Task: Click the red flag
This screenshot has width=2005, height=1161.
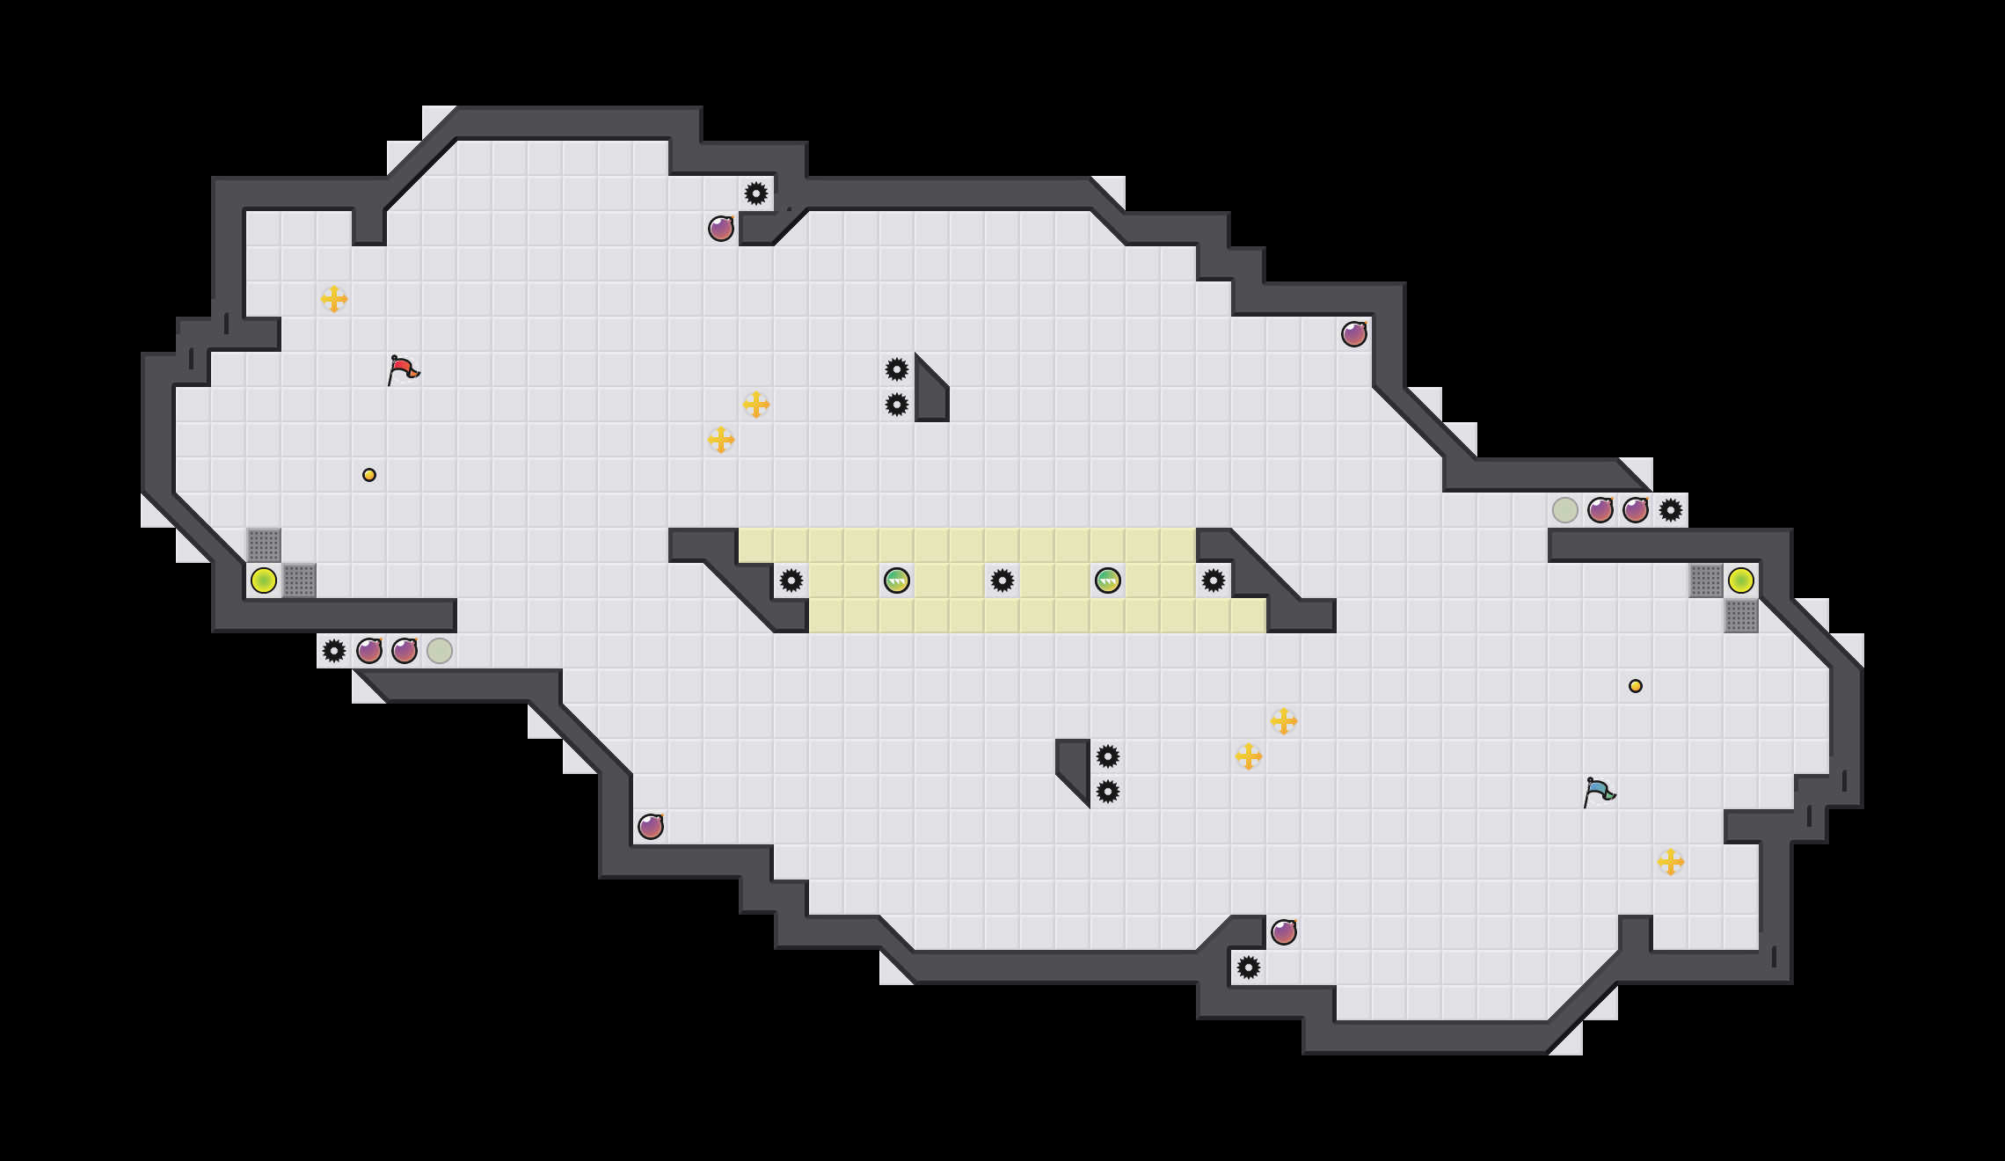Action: coord(403,369)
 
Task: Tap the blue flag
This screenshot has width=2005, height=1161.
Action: coord(1599,792)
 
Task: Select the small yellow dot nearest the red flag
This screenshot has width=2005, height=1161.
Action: coord(369,475)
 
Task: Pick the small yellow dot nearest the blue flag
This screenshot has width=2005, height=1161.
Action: coord(1636,686)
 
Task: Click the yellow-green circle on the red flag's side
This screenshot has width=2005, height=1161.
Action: coord(264,580)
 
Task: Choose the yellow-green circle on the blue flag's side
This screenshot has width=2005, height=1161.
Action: coord(1741,580)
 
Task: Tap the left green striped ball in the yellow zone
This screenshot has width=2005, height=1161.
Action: coord(897,580)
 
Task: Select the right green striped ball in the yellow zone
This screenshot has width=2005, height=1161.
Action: coord(1108,580)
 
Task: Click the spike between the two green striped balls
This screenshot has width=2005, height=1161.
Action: coord(1002,580)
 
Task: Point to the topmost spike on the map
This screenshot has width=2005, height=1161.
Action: coord(756,193)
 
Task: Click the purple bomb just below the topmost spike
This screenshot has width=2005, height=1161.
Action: coord(721,229)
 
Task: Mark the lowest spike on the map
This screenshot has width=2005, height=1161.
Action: coord(1249,967)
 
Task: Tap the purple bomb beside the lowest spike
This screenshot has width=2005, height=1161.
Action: coord(1284,932)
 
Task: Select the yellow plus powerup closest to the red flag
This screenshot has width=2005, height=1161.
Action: coord(334,299)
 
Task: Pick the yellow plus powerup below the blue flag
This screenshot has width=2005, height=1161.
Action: coord(1671,862)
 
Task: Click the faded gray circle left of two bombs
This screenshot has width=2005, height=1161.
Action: coord(1565,510)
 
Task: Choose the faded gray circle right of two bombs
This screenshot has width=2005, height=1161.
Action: coord(440,651)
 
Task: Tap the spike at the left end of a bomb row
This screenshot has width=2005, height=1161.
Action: coord(334,651)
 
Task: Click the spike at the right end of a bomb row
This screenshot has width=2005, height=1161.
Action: coord(1671,510)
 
